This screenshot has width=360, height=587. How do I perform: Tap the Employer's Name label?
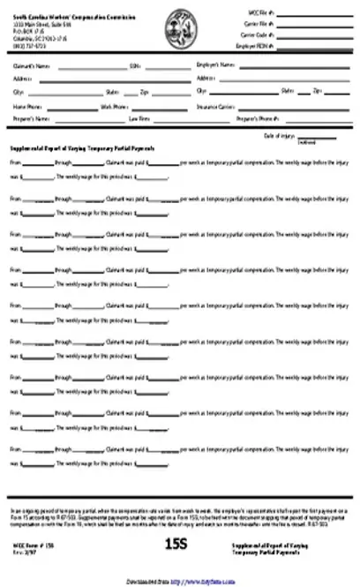(x=215, y=65)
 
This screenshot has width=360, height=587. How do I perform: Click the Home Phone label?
(x=26, y=105)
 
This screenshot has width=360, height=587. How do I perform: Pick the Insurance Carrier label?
(x=214, y=105)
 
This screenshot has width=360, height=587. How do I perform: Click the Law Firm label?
(x=139, y=117)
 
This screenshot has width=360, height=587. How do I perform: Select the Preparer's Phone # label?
(x=256, y=117)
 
